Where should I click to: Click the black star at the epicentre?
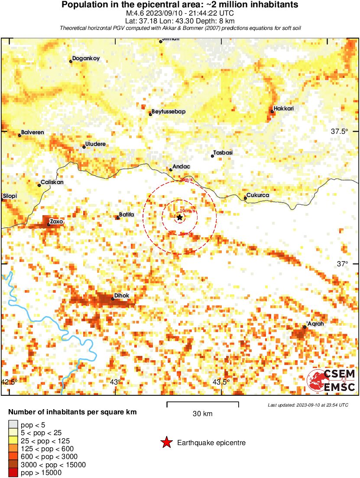179,217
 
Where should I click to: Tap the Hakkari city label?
284,108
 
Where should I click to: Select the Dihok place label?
121,296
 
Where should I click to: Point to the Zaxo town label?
57,221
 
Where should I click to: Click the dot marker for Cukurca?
245,198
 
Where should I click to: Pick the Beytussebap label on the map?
169,112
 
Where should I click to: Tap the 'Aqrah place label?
315,323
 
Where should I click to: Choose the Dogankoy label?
86,58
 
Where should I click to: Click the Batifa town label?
126,215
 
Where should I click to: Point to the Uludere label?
96,144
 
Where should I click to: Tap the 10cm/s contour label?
188,211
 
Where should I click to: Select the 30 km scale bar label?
202,413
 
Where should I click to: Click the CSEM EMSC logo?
331,381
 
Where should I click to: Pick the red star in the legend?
166,442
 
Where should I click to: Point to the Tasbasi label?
223,153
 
